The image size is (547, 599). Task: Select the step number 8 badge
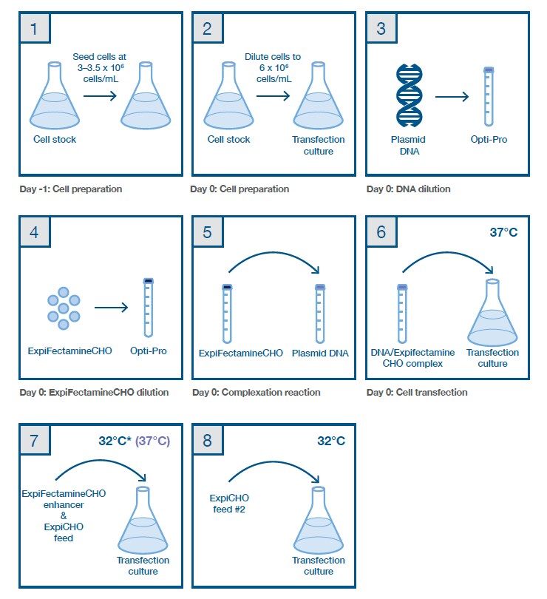[208, 441]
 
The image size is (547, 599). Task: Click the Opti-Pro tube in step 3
[489, 96]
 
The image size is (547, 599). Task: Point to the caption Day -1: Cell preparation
[71, 189]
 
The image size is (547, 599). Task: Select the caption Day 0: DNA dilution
[408, 189]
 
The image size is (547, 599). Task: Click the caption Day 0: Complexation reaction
[255, 392]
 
